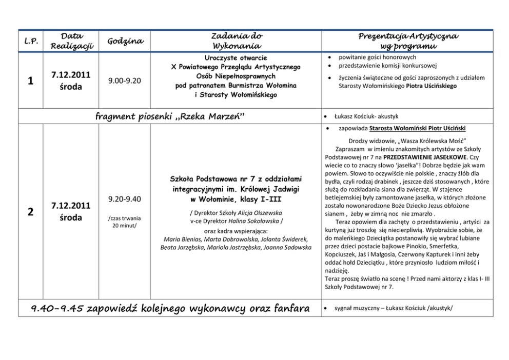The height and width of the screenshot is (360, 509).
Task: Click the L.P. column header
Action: (30, 41)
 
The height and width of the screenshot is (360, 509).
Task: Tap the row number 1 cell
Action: (30, 81)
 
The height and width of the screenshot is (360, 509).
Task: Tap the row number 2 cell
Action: (30, 211)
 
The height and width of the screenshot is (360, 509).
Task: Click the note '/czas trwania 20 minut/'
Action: (125, 221)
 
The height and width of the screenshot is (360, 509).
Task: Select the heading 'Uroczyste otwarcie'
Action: (236, 57)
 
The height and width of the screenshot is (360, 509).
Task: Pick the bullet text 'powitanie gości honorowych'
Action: (370, 57)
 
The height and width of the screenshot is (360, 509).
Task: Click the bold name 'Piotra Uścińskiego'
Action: (431, 86)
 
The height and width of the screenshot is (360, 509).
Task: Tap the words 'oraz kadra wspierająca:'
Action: (236, 230)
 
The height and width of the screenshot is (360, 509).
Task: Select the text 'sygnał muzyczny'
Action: (358, 308)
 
